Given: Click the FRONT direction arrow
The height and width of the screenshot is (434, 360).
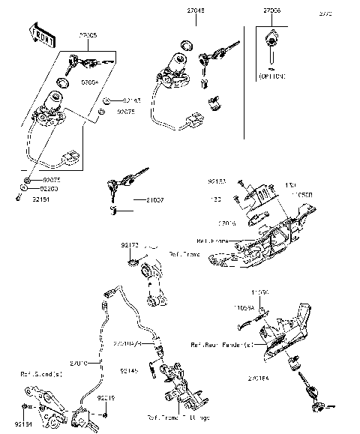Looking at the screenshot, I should tap(40, 34).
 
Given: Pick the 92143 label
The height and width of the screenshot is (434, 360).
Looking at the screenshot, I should tap(131, 100).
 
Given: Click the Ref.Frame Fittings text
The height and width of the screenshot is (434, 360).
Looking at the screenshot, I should tap(177, 417).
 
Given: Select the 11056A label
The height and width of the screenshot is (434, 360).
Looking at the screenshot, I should tap(263, 307).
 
